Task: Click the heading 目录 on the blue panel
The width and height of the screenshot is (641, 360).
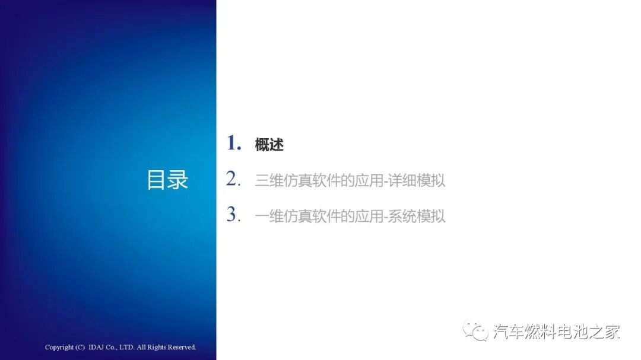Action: tap(167, 180)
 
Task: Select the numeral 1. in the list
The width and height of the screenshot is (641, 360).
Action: tap(234, 144)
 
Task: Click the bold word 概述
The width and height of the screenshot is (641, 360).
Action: tap(269, 145)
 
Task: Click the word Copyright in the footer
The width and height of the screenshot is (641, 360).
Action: tap(59, 348)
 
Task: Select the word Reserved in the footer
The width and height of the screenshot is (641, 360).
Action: tap(182, 348)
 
